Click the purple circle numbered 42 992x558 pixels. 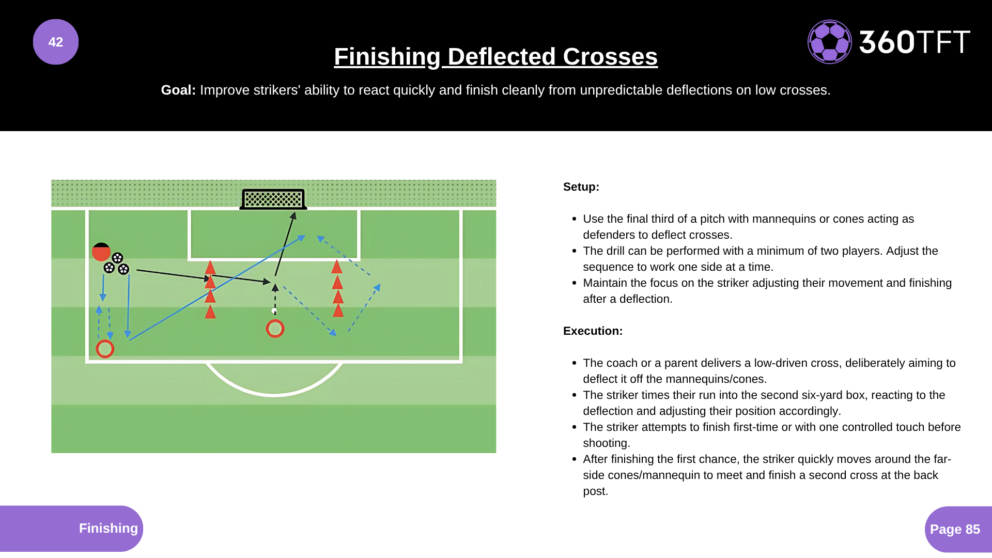56,42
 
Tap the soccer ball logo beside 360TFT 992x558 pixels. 829,42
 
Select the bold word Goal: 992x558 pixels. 178,90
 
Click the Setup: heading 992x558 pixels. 581,187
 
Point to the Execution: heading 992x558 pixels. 593,331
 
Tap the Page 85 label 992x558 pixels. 955,529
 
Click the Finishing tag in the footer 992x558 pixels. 108,528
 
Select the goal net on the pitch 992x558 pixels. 273,199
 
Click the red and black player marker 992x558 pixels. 101,252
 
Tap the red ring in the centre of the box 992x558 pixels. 275,329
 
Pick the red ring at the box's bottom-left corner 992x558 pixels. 105,349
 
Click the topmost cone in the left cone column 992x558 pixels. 210,268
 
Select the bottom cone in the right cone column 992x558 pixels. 338,311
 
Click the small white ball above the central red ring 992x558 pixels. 274,311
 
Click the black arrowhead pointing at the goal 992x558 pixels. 293,216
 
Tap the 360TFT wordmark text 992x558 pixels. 915,42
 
